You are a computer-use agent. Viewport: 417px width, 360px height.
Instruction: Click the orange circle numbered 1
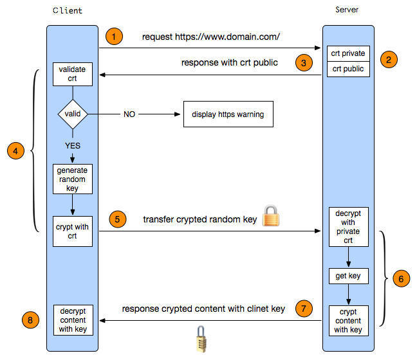click(114, 36)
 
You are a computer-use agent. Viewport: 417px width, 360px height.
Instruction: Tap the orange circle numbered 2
click(389, 59)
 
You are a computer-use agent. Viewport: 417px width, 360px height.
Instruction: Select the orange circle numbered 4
click(15, 150)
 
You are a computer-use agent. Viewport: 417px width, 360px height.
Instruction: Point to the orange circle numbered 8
click(30, 320)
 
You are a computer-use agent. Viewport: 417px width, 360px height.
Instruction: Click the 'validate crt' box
click(73, 74)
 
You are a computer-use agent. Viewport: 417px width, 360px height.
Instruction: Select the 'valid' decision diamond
click(73, 114)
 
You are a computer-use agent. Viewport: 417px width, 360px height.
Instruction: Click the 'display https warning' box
click(228, 114)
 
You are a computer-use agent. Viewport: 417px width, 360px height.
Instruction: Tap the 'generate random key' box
click(73, 179)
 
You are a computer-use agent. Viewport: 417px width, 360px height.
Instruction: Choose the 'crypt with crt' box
click(73, 231)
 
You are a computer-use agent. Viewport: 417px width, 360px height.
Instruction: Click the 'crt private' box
click(348, 53)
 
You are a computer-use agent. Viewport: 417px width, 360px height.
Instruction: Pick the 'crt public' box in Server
click(348, 69)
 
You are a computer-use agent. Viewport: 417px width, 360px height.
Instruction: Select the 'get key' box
click(348, 276)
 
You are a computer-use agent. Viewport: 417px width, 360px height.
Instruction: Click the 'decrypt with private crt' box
click(348, 227)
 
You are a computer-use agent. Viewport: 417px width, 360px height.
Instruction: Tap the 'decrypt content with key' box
click(73, 320)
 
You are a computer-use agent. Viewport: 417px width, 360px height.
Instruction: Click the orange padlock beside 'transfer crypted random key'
click(271, 216)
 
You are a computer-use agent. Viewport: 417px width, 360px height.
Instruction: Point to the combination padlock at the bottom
click(201, 339)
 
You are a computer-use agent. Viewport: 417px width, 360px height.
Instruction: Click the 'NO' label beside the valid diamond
click(129, 114)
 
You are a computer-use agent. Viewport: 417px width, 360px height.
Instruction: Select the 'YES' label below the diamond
click(73, 145)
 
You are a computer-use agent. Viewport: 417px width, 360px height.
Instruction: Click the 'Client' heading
click(68, 11)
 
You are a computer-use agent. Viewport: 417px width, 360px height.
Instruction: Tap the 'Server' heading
click(347, 10)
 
